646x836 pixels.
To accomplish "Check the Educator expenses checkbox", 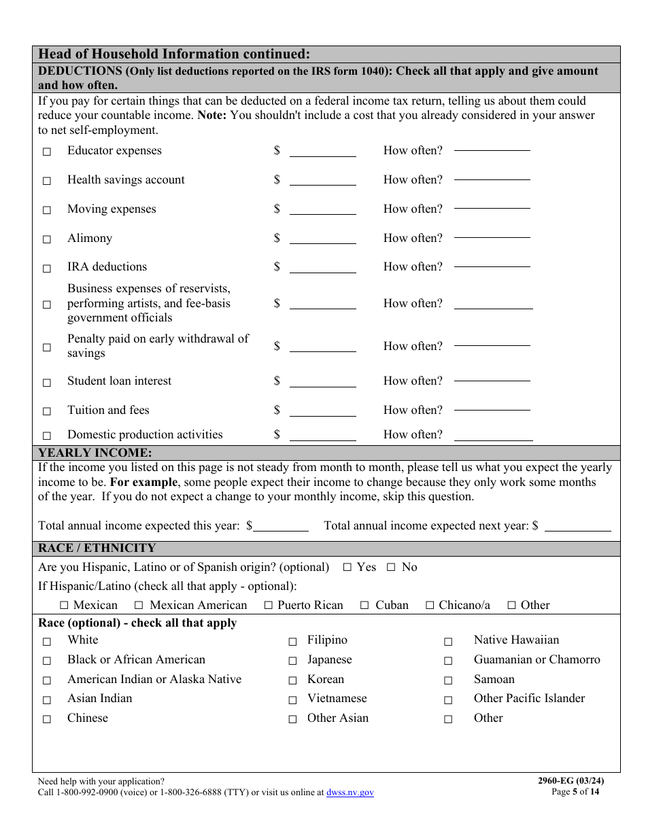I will point(47,152).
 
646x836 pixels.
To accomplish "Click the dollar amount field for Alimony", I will point(322,239).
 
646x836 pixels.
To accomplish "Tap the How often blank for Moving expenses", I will point(492,209).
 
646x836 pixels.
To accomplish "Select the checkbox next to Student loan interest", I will point(47,382).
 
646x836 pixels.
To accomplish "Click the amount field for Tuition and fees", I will point(322,411).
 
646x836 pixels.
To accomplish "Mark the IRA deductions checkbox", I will point(47,268).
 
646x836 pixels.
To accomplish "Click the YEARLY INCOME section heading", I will point(95,453).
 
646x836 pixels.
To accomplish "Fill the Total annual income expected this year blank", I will point(281,526).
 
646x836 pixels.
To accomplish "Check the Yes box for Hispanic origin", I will point(347,568).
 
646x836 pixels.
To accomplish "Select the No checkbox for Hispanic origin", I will point(391,568).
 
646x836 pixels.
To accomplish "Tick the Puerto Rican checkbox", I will point(269,605).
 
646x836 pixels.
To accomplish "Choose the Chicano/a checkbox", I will point(430,605).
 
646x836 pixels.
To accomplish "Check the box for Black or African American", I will point(47,661).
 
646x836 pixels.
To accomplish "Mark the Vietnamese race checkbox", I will point(292,699).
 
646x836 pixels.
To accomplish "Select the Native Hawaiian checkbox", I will point(448,641).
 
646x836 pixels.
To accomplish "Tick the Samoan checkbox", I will point(448,680).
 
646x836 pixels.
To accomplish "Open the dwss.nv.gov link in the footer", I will point(350,793).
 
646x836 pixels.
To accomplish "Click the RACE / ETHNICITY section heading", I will point(97,548).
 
